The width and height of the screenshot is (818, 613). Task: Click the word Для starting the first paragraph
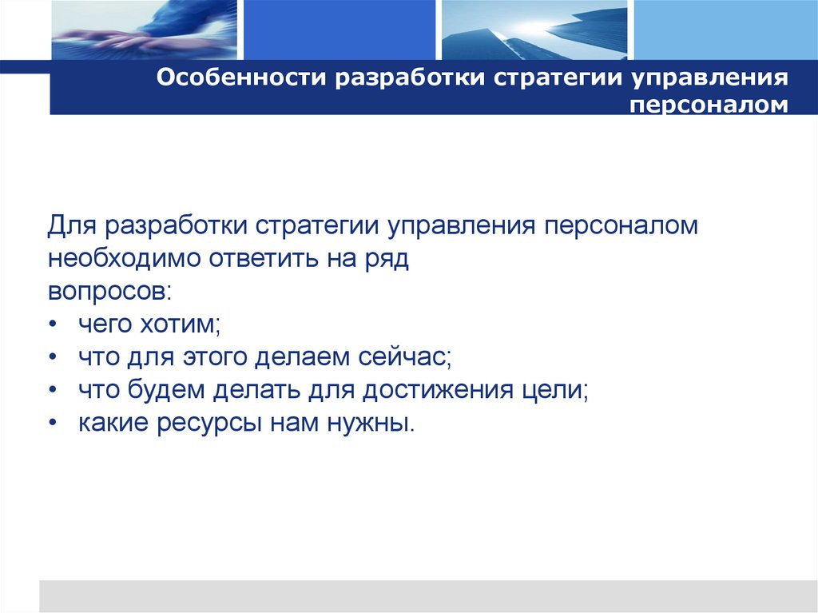point(68,226)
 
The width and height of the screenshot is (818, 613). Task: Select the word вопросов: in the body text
point(108,291)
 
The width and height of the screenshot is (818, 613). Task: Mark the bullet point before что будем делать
point(52,390)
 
